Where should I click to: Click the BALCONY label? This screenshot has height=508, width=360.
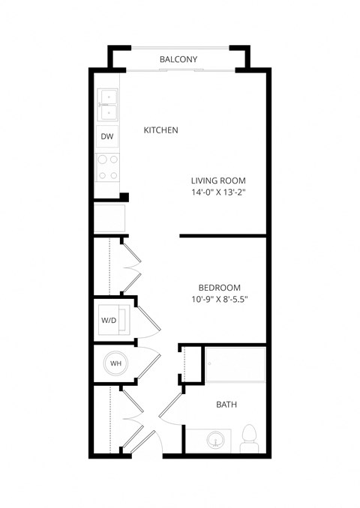coord(178,59)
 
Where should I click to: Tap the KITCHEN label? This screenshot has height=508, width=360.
coord(160,130)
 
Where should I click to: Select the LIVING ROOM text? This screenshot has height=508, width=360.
coord(218,181)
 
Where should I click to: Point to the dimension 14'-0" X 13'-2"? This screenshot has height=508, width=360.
coord(218,193)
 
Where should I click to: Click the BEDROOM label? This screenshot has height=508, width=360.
coord(219,288)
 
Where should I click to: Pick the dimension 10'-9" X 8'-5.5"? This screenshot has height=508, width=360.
coord(218,300)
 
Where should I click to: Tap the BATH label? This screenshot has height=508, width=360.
coord(226,405)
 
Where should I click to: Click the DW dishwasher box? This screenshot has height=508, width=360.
coord(107,137)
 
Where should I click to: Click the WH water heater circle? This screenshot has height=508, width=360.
coord(115,363)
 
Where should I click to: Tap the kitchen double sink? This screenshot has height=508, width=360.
coord(107,104)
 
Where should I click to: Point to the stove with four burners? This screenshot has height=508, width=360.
coord(107,167)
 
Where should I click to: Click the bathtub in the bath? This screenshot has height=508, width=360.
coord(235,364)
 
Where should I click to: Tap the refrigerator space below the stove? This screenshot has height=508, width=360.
coord(109,218)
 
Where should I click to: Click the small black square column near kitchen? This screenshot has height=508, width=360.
coord(124,197)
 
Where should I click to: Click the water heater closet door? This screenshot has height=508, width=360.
coord(148,365)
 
